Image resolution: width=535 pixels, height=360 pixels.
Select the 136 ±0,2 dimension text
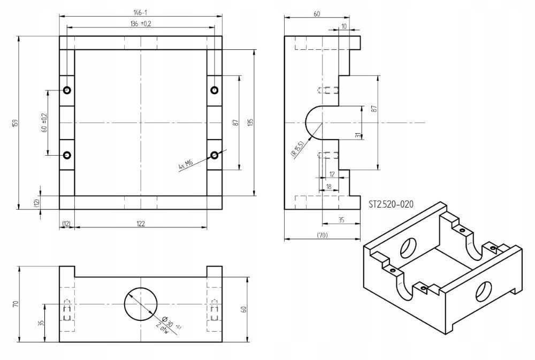point(141,24)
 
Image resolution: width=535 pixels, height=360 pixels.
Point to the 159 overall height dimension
point(14,122)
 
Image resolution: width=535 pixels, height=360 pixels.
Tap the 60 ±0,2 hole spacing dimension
point(43,122)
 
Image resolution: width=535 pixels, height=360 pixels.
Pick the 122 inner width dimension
point(141,224)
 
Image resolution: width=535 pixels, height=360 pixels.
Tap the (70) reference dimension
point(322,235)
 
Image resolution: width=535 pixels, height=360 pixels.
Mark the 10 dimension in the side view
point(343,26)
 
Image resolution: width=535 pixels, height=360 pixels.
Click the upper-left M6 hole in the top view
point(67,90)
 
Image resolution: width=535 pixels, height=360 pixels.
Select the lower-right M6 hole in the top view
point(214,155)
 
